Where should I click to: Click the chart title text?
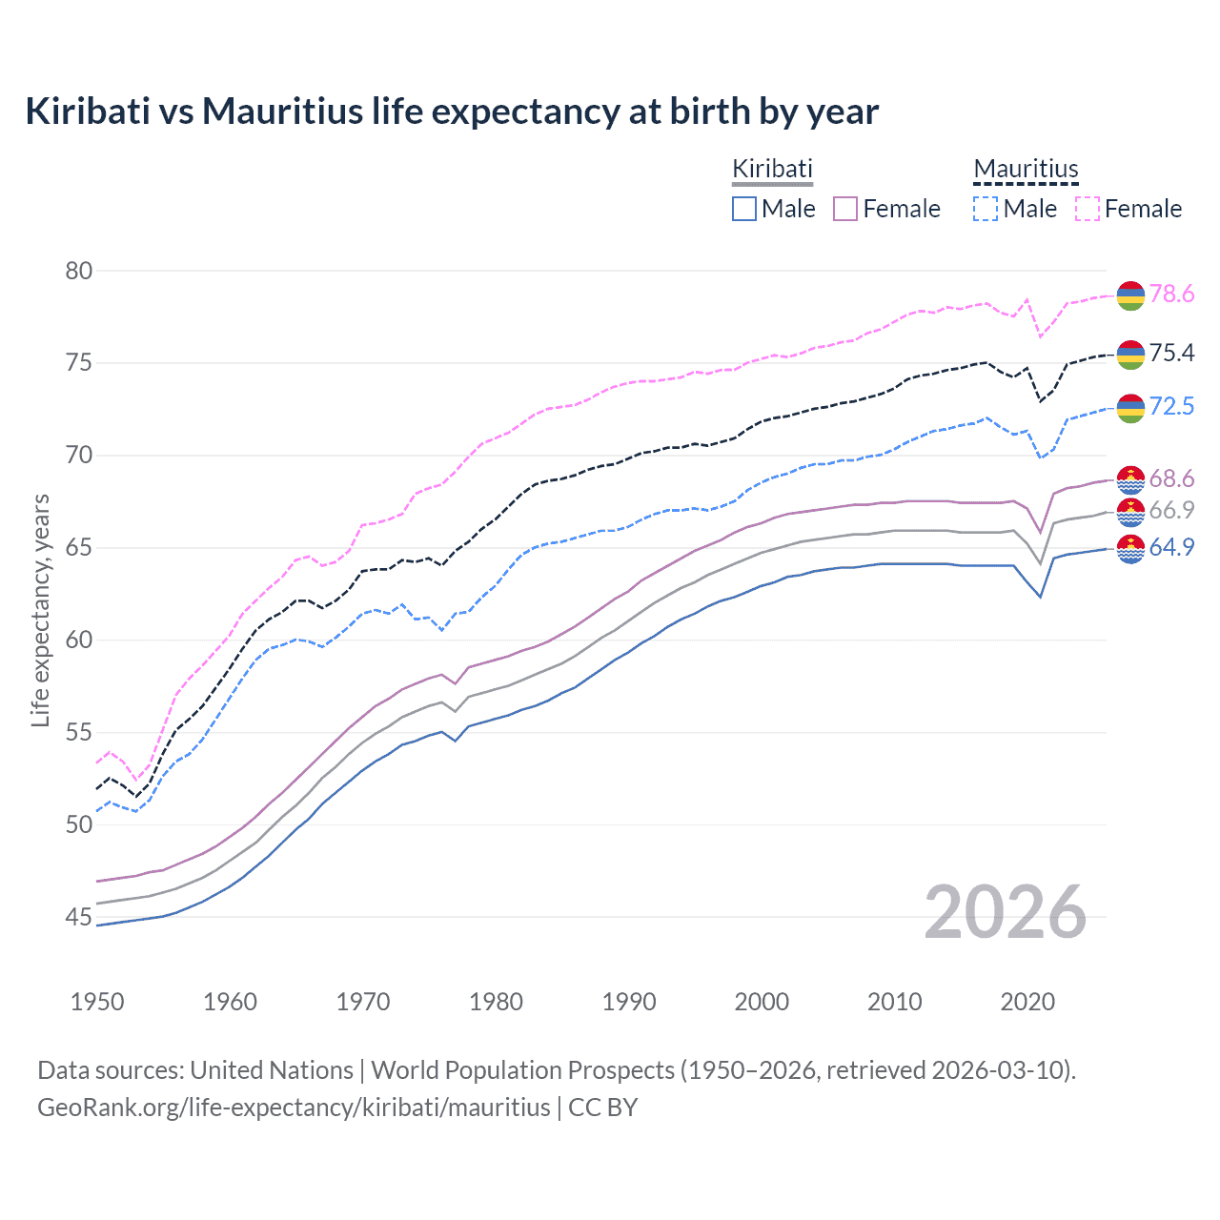pyautogui.click(x=452, y=112)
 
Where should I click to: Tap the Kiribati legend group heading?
pyautogui.click(x=772, y=169)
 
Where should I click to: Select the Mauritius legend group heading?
pyautogui.click(x=1026, y=169)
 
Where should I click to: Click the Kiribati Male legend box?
pyautogui.click(x=744, y=209)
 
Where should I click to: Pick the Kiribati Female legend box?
pyautogui.click(x=845, y=209)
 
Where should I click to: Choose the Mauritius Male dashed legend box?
pyautogui.click(x=986, y=209)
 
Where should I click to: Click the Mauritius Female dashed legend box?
pyautogui.click(x=1088, y=209)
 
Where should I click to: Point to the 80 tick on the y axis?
pyautogui.click(x=79, y=271)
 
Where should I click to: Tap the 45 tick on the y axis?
pyautogui.click(x=79, y=917)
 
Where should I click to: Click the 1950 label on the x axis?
pyautogui.click(x=97, y=1002)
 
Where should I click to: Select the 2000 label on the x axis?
pyautogui.click(x=762, y=1002)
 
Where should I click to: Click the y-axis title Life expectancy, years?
pyautogui.click(x=41, y=610)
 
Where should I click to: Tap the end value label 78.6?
pyautogui.click(x=1171, y=295)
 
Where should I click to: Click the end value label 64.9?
pyautogui.click(x=1171, y=547)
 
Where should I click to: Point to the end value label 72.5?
pyautogui.click(x=1171, y=407)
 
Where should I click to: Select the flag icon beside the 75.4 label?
pyautogui.click(x=1130, y=354)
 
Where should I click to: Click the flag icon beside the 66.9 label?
pyautogui.click(x=1130, y=512)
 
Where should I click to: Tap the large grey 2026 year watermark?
pyautogui.click(x=1006, y=912)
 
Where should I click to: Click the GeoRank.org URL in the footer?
pyautogui.click(x=294, y=1108)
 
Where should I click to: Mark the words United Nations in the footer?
pyautogui.click(x=272, y=1070)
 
